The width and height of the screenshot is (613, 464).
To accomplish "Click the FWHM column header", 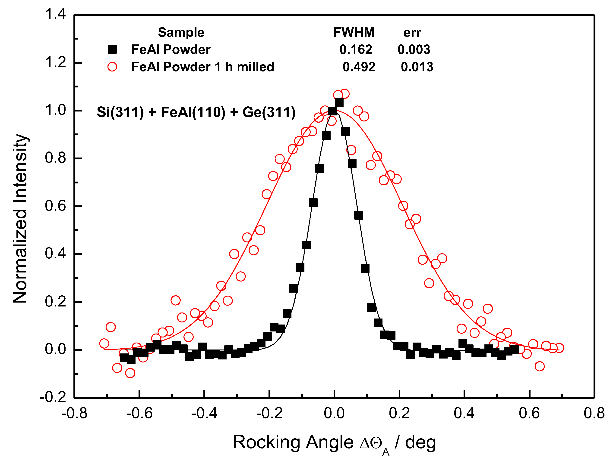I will click(x=354, y=32).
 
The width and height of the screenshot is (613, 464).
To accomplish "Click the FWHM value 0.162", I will click(x=356, y=49).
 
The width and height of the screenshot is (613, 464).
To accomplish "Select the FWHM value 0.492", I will click(x=359, y=67).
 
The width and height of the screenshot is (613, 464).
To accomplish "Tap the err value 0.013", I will click(x=417, y=67).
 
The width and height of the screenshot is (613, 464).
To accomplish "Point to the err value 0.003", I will click(x=414, y=49).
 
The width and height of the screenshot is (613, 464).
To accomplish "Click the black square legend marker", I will click(x=112, y=49).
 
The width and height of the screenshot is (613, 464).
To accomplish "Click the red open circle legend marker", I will click(x=112, y=67).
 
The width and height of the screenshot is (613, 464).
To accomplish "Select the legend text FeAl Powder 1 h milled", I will click(x=202, y=67).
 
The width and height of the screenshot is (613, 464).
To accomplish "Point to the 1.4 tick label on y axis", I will click(x=55, y=14).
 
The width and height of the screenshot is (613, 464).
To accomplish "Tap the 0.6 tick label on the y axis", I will click(x=55, y=206).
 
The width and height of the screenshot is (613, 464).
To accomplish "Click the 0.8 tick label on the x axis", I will click(x=594, y=413).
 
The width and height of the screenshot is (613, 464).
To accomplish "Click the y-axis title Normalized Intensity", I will click(x=20, y=219).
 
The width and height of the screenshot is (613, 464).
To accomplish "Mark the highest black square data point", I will click(x=339, y=103).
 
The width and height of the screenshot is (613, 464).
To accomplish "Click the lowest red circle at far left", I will click(x=130, y=373).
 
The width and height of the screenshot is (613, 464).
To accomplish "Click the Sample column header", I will click(x=181, y=32).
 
